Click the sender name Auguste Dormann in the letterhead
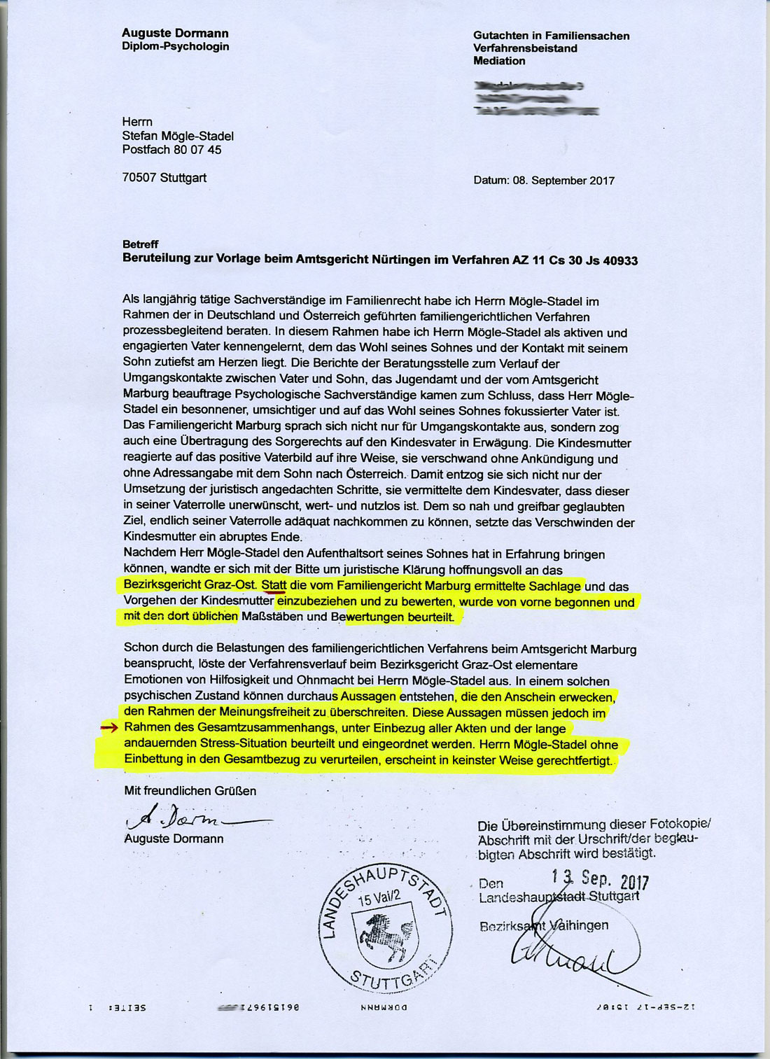[x=175, y=33]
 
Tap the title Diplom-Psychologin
[x=175, y=46]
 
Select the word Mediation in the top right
[x=498, y=61]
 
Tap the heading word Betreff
[x=140, y=244]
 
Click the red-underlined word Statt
[x=274, y=585]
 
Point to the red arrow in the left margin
[x=109, y=728]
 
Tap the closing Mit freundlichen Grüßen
[x=190, y=791]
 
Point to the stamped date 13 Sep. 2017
[x=599, y=879]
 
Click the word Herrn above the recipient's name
[x=137, y=122]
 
